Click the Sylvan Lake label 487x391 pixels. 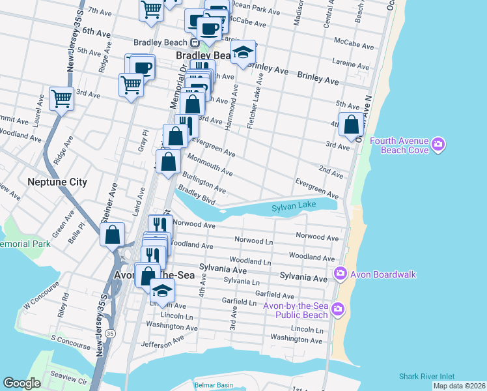pos(294,206)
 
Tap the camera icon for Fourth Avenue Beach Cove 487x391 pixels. pos(438,144)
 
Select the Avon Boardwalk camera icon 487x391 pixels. pos(339,273)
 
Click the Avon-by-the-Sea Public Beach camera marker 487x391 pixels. pos(337,308)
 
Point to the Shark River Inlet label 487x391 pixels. pos(430,377)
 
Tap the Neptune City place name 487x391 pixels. pos(57,182)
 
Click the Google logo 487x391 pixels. pos(22,383)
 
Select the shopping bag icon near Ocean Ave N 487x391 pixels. pos(352,124)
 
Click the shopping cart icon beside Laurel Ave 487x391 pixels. pos(61,98)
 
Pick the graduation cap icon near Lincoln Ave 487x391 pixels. pos(162,289)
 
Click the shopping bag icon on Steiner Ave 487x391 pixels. pos(113,235)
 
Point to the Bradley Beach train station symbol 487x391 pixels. pos(194,43)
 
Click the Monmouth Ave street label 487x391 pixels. pos(210,164)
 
